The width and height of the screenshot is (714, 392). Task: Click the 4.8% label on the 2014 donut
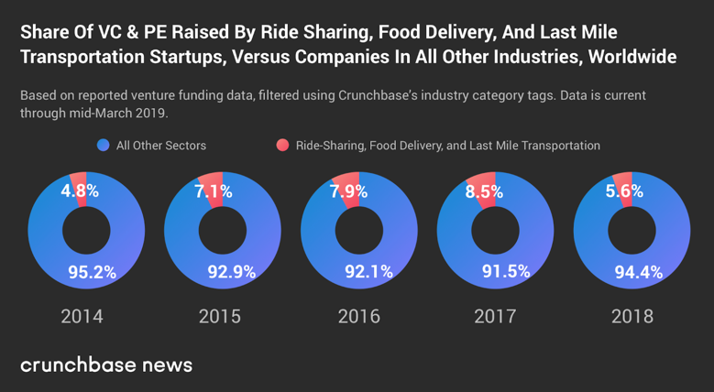80,191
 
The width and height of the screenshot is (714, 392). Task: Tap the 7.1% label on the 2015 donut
214,191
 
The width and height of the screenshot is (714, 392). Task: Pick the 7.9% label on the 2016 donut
348,191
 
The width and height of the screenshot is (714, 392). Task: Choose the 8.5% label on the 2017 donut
485,192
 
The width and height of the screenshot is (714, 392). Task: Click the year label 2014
82,317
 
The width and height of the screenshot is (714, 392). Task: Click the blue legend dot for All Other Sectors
103,146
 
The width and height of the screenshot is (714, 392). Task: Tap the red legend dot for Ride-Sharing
282,146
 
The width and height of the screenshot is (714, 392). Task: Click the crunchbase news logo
106,365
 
